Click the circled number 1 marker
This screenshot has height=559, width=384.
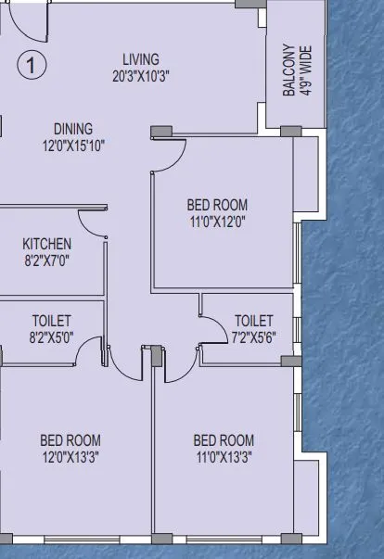[x=32, y=65]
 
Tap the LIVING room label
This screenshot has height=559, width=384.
[x=141, y=59]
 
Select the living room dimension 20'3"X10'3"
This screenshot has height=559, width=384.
[x=141, y=76]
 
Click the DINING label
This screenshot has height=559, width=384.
[x=73, y=129]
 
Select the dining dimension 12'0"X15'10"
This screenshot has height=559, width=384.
[x=73, y=145]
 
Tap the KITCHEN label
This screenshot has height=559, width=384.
[x=46, y=244]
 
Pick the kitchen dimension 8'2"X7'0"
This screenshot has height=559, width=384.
[x=46, y=260]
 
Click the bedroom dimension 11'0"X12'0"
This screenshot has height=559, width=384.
[x=218, y=221]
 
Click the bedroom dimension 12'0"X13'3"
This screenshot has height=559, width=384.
[x=70, y=456]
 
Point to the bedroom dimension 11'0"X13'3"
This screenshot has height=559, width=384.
[x=224, y=456]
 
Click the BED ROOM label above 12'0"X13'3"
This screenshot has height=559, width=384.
[x=70, y=440]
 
